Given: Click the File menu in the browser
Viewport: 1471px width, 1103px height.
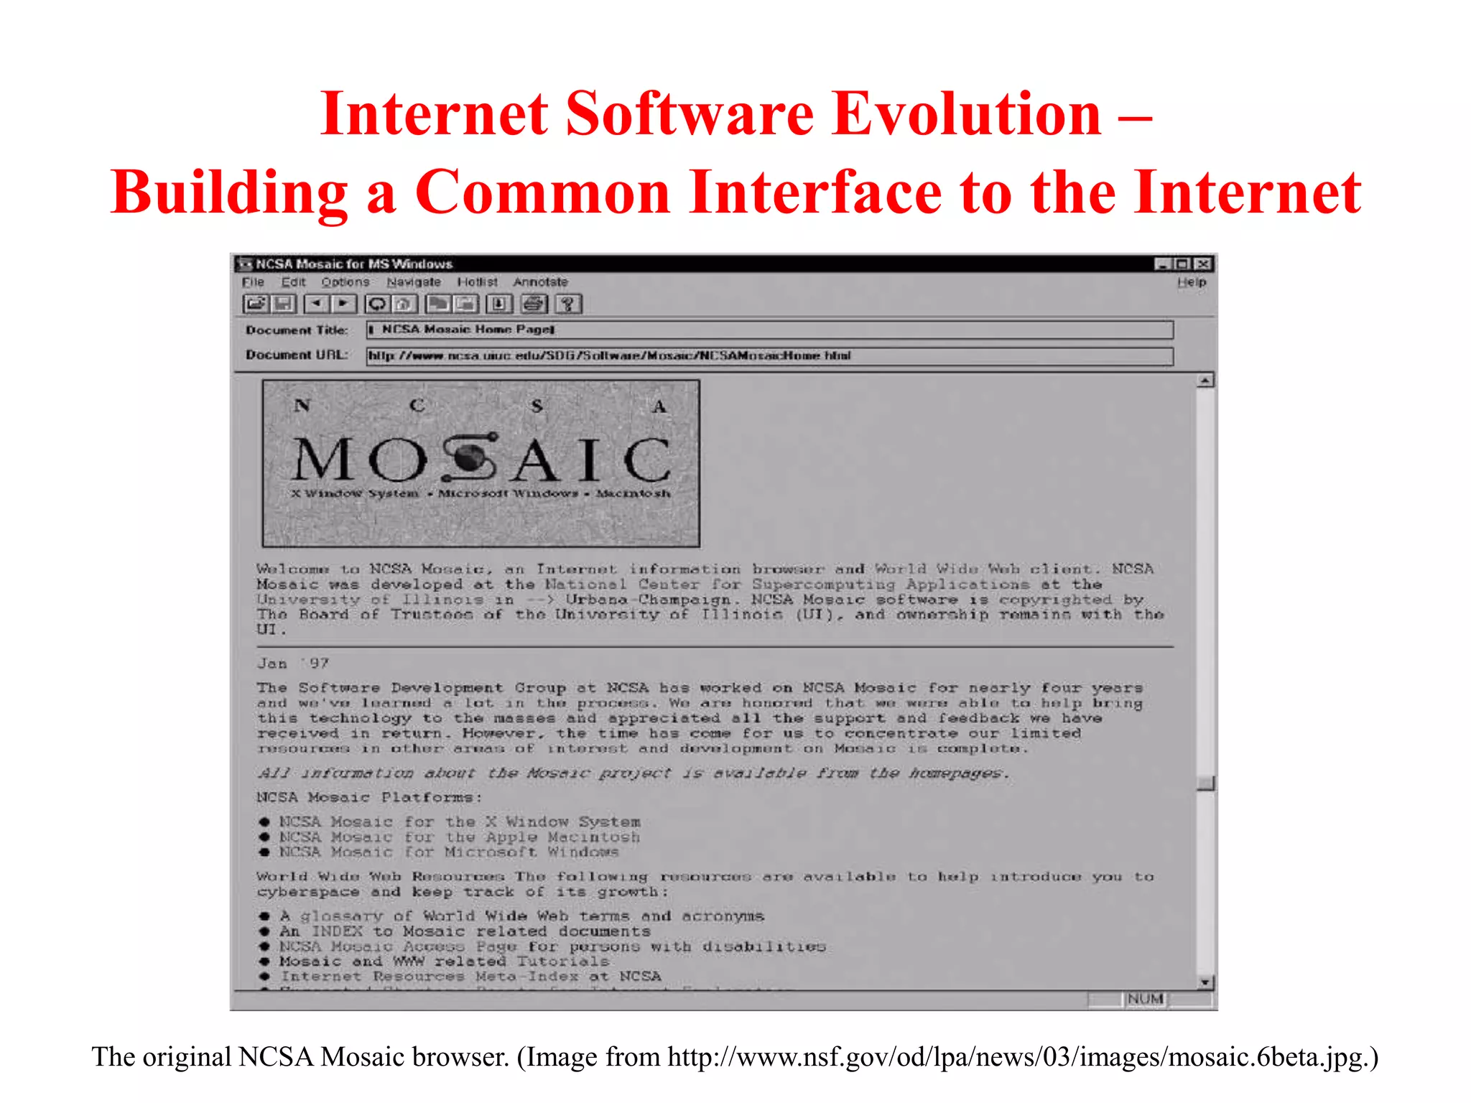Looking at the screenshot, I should coord(253,282).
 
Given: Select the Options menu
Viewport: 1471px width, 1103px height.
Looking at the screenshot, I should coord(345,282).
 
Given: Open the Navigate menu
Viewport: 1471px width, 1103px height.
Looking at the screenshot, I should coord(414,282).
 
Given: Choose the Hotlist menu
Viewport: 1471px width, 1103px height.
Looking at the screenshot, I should coord(477,282).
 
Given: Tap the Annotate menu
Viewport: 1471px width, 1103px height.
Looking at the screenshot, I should coord(540,282).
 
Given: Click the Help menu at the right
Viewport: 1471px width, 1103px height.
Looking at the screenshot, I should coord(1192,282).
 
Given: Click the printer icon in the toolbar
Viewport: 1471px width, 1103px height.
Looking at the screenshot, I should coord(533,304).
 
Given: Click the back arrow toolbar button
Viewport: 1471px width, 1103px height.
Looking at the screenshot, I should coord(316,304).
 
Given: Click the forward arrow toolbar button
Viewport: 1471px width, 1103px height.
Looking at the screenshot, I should coord(343,304).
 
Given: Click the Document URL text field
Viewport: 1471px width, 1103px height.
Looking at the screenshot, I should coord(769,355).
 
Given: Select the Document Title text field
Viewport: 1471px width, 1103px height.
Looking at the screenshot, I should coord(769,330).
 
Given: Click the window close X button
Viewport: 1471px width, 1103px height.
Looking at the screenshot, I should coord(1205,264).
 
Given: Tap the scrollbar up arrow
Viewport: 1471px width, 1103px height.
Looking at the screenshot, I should coord(1206,380).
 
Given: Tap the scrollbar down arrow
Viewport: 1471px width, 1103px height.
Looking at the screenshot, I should coord(1206,982).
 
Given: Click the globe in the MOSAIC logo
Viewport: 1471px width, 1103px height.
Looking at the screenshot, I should coord(470,457).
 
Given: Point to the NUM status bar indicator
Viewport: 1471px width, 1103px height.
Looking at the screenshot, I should coord(1145,999).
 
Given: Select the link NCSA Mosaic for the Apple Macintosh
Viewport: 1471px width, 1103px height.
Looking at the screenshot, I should coord(459,837).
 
